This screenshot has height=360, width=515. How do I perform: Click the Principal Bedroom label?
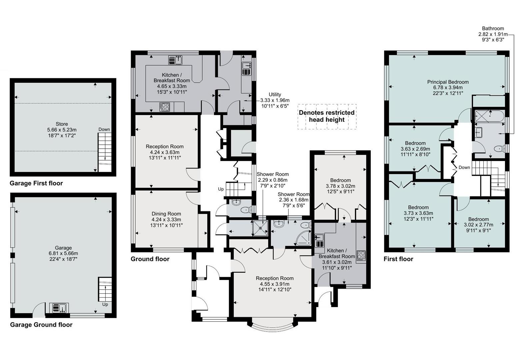[x=448, y=87]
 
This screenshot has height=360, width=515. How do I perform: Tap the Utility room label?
[x=275, y=100]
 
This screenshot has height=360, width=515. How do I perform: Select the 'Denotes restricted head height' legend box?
[x=327, y=116]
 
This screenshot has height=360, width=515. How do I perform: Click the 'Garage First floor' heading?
[x=36, y=183]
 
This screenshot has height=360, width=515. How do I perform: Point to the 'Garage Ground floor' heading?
[x=41, y=325]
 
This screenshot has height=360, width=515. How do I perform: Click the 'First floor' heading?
[x=398, y=259]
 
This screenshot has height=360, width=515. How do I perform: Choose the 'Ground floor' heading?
[x=150, y=259]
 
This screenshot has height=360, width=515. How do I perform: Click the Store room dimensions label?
[x=62, y=130]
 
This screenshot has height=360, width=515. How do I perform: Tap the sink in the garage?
[x=59, y=308]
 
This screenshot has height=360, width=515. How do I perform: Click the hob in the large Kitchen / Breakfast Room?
[x=165, y=107]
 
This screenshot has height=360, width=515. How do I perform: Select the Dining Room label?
[x=166, y=220]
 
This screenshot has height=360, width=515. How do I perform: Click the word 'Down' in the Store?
[x=104, y=129]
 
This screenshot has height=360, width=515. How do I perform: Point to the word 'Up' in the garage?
[x=105, y=304]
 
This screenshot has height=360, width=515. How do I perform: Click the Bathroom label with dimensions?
[x=493, y=34]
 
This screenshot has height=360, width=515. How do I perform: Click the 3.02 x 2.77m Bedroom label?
[x=478, y=225]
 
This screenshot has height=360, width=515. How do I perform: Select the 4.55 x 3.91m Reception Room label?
[x=275, y=284]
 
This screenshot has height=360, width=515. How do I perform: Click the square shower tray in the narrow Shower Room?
[x=260, y=228]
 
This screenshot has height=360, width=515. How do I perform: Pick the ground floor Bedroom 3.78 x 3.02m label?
[x=340, y=186]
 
